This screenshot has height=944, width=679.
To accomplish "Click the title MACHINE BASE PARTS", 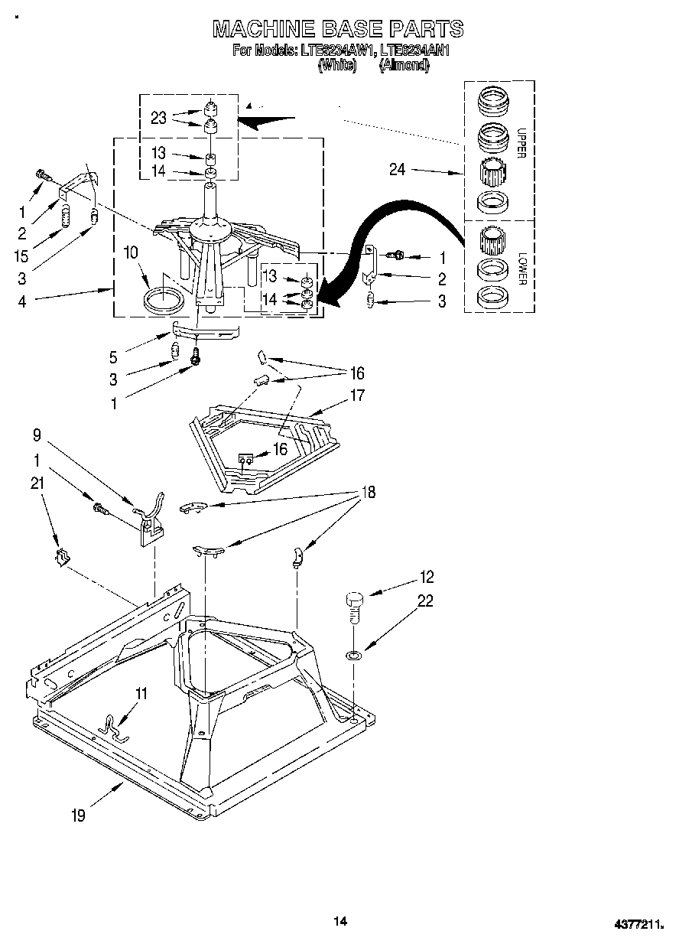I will (x=337, y=28).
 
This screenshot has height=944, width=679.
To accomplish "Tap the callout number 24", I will (x=398, y=170).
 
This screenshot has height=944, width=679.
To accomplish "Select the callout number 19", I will (x=78, y=815).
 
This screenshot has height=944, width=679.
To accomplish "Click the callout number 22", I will (x=424, y=602).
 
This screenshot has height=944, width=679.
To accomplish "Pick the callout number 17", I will (x=357, y=396).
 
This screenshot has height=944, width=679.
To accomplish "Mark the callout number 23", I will (x=159, y=118).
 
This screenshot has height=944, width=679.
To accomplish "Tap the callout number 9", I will (x=37, y=437).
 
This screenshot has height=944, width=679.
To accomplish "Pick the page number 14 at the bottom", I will (x=340, y=921).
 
